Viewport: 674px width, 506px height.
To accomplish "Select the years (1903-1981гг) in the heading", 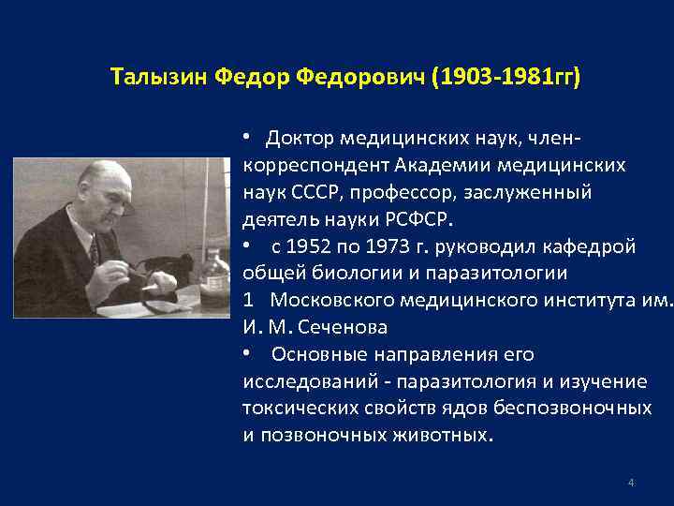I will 504,75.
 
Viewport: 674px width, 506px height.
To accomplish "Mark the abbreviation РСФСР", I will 417,220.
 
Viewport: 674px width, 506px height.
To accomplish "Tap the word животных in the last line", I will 444,436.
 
